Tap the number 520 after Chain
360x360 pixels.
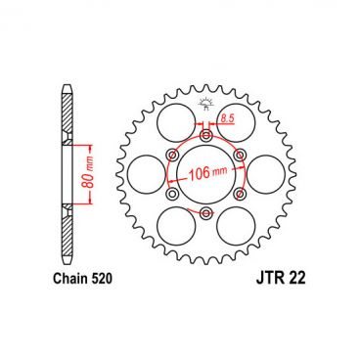(x=105, y=279)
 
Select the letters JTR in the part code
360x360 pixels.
(x=249, y=279)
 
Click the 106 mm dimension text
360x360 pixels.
(x=206, y=177)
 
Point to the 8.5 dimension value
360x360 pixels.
(x=227, y=118)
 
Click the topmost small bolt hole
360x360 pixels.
(x=204, y=134)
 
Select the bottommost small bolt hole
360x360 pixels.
(x=204, y=212)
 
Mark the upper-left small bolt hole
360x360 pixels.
(x=171, y=154)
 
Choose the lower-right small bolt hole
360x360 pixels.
(x=238, y=194)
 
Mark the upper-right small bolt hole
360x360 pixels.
(x=238, y=154)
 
